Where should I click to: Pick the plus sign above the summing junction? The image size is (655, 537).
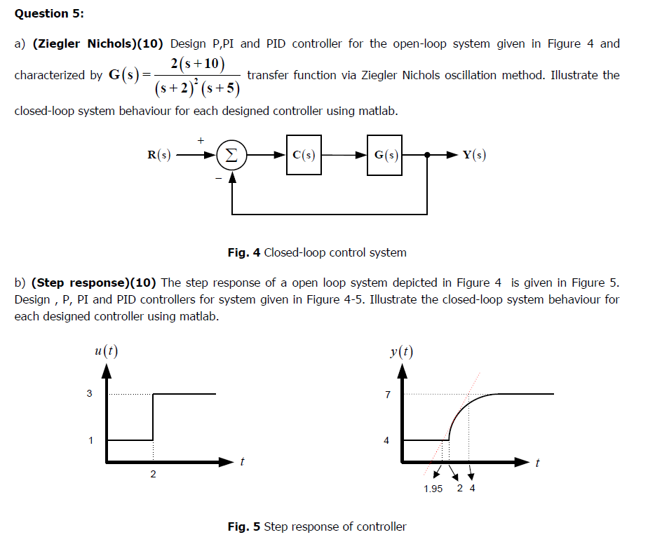201,140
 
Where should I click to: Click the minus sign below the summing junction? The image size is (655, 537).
218,179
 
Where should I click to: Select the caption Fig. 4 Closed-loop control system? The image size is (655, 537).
317,252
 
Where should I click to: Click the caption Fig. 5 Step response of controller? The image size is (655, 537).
317,526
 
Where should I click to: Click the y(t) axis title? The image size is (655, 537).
402,351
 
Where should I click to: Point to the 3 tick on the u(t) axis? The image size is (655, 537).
89,394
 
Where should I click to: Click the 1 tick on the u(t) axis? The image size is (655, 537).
90,441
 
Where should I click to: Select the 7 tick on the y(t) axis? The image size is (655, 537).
387,395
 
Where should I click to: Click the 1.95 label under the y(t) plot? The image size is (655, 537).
433,489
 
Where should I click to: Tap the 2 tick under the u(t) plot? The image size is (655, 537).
153,475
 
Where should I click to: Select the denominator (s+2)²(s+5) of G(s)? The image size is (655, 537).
197,88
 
